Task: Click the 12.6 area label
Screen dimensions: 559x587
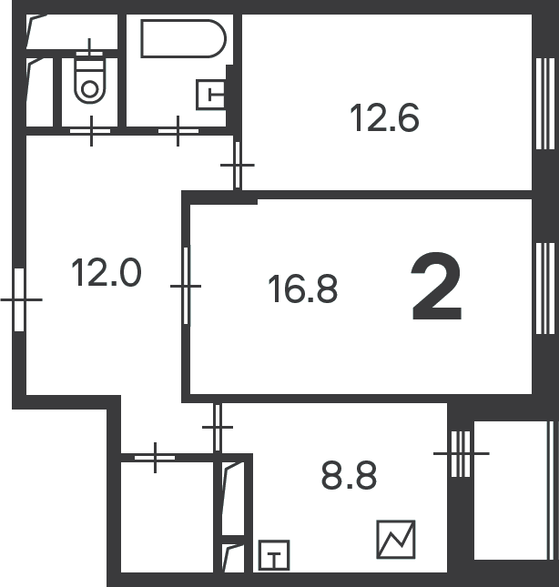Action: pos(384,118)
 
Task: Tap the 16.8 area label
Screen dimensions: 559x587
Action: pos(303,288)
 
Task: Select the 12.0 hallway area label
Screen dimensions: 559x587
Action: pos(107,272)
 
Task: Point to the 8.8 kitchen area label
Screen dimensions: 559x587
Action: pos(349,475)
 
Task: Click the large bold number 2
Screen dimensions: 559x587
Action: pos(437,287)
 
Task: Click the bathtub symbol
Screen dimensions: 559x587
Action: pos(184,38)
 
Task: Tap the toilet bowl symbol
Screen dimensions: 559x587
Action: pos(89,78)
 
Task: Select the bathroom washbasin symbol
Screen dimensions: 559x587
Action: pos(211,95)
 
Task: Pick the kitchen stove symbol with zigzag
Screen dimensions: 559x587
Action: pos(396,540)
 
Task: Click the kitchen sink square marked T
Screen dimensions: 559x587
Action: pos(274,555)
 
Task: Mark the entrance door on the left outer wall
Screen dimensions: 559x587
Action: pos(19,299)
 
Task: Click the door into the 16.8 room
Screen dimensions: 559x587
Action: pos(186,285)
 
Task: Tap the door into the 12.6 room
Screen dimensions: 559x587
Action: pos(237,165)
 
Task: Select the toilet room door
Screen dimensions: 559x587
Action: pos(91,131)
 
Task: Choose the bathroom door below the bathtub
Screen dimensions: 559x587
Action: pos(178,131)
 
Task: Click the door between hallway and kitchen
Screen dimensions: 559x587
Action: pos(218,427)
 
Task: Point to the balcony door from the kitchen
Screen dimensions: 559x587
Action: pos(461,454)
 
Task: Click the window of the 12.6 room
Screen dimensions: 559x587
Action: pos(545,104)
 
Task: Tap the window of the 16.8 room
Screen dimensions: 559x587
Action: pos(545,288)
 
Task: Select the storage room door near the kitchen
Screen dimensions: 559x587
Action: pos(155,458)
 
